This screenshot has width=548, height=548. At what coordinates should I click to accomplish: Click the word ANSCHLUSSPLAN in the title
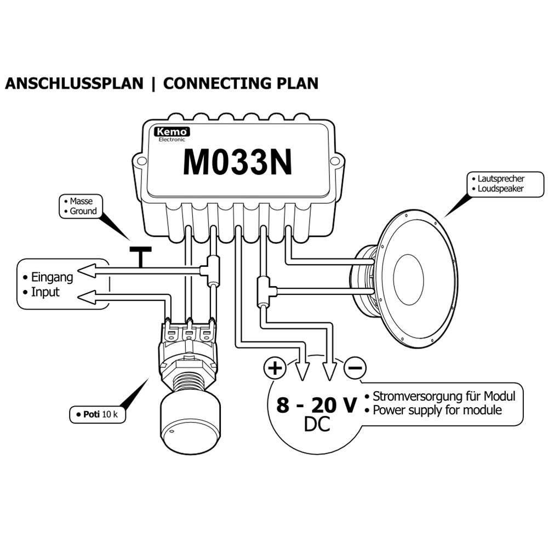[x=74, y=83]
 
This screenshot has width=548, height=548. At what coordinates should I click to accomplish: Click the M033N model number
[x=237, y=160]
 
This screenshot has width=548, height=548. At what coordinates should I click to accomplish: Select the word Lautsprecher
[x=501, y=179]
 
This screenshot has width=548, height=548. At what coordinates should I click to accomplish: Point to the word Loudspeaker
[x=501, y=189]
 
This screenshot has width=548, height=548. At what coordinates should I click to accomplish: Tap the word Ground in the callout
[x=83, y=211]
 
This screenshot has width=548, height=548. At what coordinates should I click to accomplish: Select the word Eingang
[x=52, y=277]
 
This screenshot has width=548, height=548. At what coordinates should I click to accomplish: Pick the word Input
[x=45, y=292]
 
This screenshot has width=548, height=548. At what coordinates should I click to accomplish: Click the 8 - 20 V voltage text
[x=316, y=406]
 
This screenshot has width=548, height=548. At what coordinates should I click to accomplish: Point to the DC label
[x=316, y=424]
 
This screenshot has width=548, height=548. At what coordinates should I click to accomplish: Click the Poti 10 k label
[x=98, y=414]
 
